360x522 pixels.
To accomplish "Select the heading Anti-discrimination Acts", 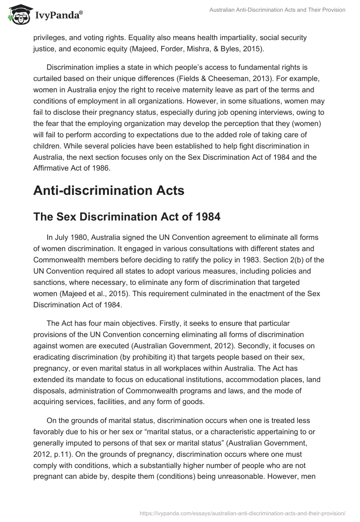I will (109, 190).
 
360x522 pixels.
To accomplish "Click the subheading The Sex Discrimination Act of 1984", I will (127, 217).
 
